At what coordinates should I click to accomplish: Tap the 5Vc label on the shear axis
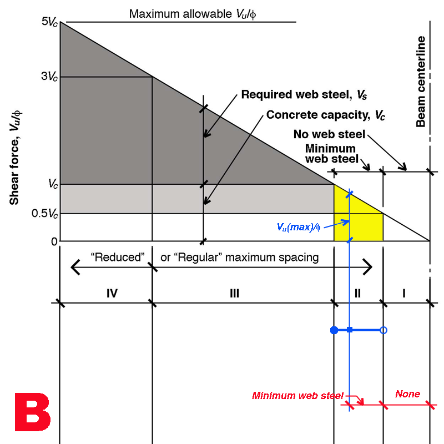(49, 22)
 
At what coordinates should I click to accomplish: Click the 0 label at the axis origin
(54, 241)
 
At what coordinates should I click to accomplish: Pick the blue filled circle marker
(334, 330)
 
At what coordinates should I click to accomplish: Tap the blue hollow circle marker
(383, 330)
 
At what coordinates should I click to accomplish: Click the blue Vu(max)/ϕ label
(299, 226)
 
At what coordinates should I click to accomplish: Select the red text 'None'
(407, 394)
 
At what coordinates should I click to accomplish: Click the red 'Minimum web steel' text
(297, 396)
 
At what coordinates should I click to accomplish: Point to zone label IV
(112, 293)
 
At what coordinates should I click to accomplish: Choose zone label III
(234, 293)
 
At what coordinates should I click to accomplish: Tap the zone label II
(357, 293)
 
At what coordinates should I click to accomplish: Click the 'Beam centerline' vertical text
(421, 82)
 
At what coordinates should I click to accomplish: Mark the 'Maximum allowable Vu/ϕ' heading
(193, 13)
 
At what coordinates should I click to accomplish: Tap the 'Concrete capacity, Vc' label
(326, 115)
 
